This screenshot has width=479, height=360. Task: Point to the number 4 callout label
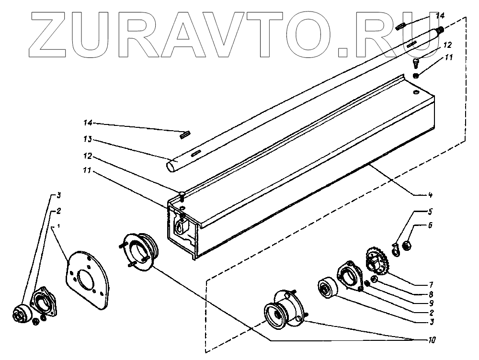pyautogui.click(x=431, y=195)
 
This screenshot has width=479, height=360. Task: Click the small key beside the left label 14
pyautogui.click(x=183, y=135)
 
